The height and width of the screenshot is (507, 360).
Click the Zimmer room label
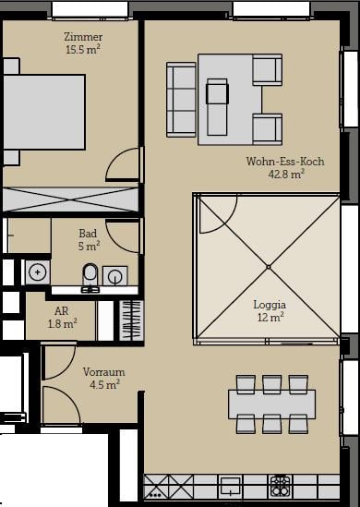coord(83,37)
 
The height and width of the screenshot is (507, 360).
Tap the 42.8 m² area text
coord(286,175)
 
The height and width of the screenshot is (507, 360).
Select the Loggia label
coord(270,305)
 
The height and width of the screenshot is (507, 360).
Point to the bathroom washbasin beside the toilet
coord(115,276)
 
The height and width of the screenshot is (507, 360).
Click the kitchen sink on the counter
coord(230,487)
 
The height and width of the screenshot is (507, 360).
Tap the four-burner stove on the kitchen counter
coord(280,487)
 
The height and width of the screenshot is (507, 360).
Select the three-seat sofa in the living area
coord(181,100)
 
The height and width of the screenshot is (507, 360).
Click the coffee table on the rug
coord(217,107)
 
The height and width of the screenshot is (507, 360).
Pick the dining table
coord(271,404)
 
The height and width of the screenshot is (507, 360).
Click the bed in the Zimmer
coord(44,112)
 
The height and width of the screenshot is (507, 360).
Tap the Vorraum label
coord(103,372)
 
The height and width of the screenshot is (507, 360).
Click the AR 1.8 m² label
coord(62,317)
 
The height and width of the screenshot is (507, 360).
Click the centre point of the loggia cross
coord(269,267)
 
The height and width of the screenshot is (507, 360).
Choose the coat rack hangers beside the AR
coord(131,320)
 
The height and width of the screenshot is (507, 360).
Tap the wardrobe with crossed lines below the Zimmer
coord(70,199)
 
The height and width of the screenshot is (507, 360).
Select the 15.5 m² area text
coord(83,50)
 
